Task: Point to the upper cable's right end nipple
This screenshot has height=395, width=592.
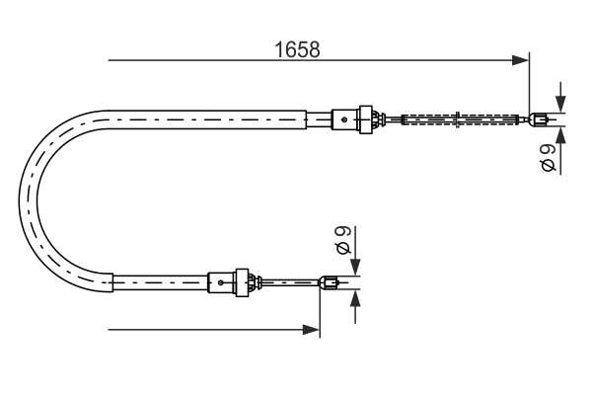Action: tap(538, 121)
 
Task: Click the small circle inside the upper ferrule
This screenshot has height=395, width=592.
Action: tap(343, 119)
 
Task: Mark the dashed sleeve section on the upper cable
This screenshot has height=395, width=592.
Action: tap(460, 120)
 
